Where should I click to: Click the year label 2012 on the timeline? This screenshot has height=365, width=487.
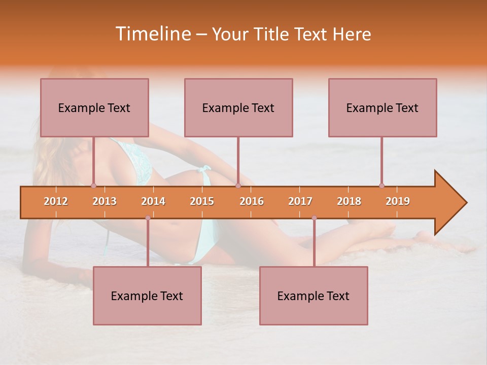coord(56,201)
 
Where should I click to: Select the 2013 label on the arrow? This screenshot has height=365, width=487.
coord(105,201)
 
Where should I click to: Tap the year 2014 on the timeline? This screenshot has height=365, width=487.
coord(153,201)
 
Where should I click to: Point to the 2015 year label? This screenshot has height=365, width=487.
coord(202,201)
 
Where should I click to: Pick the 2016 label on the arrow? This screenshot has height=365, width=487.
coord(252,201)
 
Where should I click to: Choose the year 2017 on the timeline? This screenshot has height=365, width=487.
coord(300,201)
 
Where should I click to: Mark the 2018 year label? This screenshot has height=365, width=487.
coord(349,201)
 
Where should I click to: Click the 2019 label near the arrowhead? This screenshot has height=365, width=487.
coord(398,201)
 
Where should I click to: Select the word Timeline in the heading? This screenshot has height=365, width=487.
coord(152,34)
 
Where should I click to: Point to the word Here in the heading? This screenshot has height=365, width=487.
coord(352,34)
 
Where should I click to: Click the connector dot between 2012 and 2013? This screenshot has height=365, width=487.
coord(93,186)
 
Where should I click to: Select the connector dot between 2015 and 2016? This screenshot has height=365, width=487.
coord(238,186)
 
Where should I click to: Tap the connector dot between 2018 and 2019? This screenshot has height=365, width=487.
coord(381,186)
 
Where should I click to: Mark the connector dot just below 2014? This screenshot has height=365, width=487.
coord(148,218)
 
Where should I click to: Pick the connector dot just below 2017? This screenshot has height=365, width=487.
coord(314,218)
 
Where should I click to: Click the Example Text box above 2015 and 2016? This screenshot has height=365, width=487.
coord(238,107)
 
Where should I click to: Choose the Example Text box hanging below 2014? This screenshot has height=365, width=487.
coord(147,296)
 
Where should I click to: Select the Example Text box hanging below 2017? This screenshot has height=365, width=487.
coord(314,296)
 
